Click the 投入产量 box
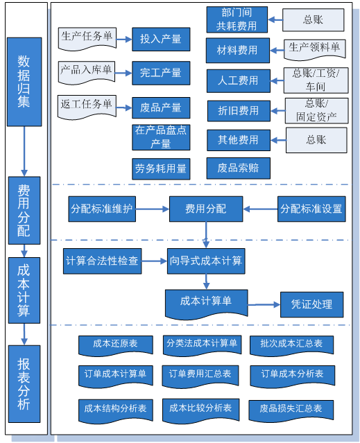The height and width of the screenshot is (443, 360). click(x=161, y=40)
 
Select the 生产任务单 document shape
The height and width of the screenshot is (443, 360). click(x=87, y=39)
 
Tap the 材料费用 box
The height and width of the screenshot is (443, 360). click(x=238, y=51)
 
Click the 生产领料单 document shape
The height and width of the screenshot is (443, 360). click(x=314, y=50)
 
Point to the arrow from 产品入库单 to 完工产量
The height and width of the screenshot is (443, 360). click(x=123, y=73)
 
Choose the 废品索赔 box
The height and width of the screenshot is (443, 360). click(x=238, y=168)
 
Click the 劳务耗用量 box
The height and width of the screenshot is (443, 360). click(x=161, y=169)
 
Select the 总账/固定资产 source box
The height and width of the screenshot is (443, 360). click(x=316, y=110)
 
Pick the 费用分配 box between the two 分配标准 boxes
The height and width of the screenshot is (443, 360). click(x=206, y=209)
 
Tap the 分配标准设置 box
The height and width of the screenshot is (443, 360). click(x=311, y=209)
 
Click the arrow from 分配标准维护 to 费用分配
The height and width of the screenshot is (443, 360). click(x=153, y=209)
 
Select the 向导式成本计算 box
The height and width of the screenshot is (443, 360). click(x=206, y=261)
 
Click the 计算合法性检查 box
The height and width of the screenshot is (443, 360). click(x=102, y=261)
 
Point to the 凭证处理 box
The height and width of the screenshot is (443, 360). click(x=311, y=304)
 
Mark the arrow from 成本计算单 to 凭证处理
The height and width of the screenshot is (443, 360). click(x=264, y=304)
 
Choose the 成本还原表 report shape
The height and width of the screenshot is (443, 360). click(x=116, y=345)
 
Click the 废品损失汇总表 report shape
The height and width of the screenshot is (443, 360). click(x=291, y=411)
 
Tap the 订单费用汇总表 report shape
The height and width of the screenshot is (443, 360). click(x=200, y=376)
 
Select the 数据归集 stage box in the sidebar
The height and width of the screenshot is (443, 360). click(x=24, y=82)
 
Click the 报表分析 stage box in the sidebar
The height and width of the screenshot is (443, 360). click(x=24, y=383)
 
